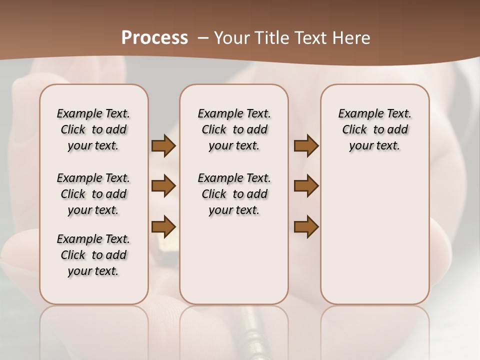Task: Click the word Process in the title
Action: [154, 38]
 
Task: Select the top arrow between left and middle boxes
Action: [163, 145]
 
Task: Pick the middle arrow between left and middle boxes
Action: [163, 186]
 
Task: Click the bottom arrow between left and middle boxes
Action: [163, 226]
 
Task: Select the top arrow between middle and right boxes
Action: [306, 145]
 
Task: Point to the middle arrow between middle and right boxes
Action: [306, 186]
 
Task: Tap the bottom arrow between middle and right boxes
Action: [306, 226]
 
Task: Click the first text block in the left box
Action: [93, 129]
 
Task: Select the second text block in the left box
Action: [93, 194]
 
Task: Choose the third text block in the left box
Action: [93, 255]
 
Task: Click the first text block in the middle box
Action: [234, 129]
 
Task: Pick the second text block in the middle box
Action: [234, 194]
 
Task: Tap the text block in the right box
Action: [374, 129]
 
